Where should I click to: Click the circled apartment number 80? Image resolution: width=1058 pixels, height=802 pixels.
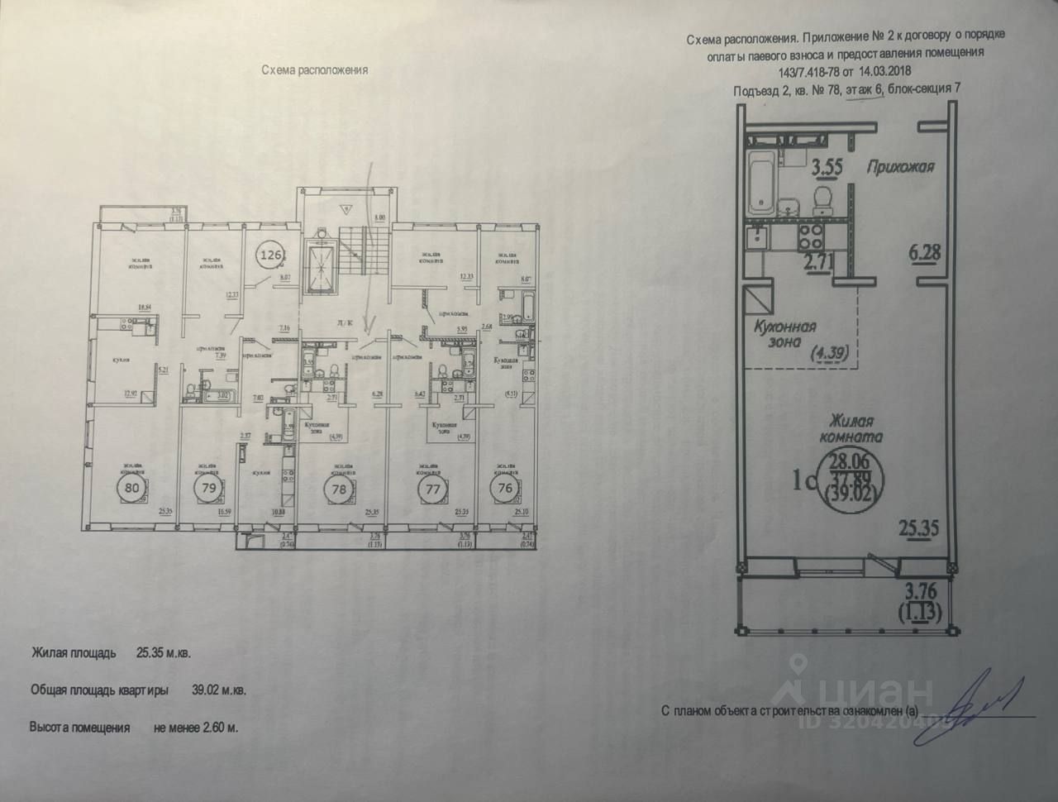(x=132, y=488)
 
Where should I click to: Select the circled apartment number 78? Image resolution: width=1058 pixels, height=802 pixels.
(x=338, y=488)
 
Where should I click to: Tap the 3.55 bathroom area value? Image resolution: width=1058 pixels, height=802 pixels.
(x=828, y=167)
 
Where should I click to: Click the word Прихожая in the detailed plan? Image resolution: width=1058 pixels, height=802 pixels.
(x=900, y=166)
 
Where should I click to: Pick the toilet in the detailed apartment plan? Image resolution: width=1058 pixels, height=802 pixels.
(x=822, y=198)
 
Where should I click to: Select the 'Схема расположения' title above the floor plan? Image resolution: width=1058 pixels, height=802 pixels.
(x=313, y=70)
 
